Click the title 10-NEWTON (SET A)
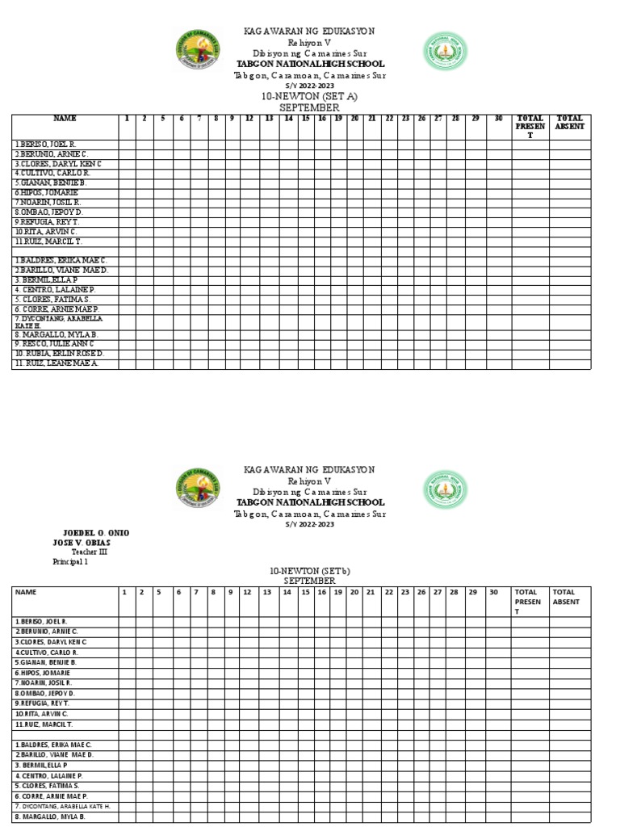coord(309,96)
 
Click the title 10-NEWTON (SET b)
coord(309,571)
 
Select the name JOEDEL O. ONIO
coord(95,533)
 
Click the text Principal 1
coord(70,561)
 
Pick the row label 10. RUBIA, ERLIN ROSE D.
coord(59,354)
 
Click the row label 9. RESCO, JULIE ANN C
coord(54,343)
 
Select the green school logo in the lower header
coord(445,491)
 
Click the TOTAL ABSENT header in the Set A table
coord(569,122)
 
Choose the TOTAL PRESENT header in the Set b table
coord(529,602)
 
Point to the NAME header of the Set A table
coord(65,119)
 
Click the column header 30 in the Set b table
coord(493,592)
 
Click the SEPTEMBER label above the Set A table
coord(309,107)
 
